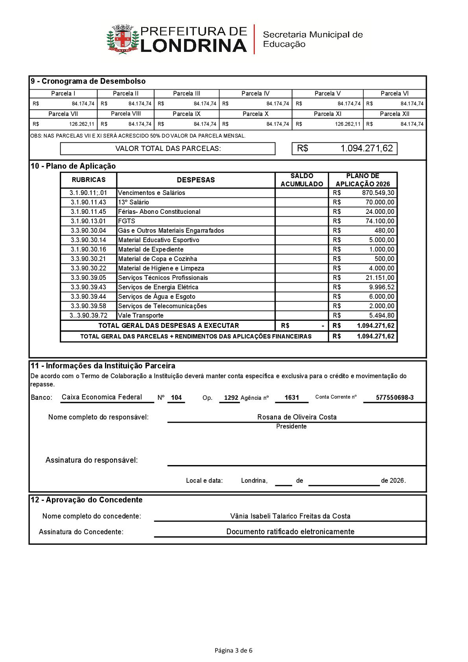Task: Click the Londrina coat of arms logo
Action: pyautogui.click(x=123, y=39)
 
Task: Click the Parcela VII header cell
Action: pyautogui.click(x=63, y=114)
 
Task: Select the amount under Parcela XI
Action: pyautogui.click(x=347, y=124)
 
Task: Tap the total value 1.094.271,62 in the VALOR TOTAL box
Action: pyautogui.click(x=366, y=149)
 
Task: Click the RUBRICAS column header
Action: pyautogui.click(x=88, y=180)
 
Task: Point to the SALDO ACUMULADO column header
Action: pyautogui.click(x=302, y=180)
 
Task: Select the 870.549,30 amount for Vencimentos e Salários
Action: pyautogui.click(x=378, y=193)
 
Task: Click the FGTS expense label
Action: pyautogui.click(x=126, y=221)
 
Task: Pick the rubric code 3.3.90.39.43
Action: pyautogui.click(x=88, y=287)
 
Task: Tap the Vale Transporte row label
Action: pyautogui.click(x=140, y=316)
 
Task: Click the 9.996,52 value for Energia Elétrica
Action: pyautogui.click(x=381, y=287)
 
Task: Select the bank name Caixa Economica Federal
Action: pyautogui.click(x=102, y=397)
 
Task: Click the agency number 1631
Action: pyautogui.click(x=291, y=398)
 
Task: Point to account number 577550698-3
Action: pyautogui.click(x=394, y=398)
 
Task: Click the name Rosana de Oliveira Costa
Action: pyautogui.click(x=297, y=417)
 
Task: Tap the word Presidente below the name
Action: pyautogui.click(x=291, y=427)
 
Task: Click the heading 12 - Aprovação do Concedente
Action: pyautogui.click(x=87, y=500)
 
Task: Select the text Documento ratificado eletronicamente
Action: pyautogui.click(x=290, y=532)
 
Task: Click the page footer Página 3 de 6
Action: pyautogui.click(x=234, y=651)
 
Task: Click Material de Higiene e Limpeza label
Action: pyautogui.click(x=161, y=268)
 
